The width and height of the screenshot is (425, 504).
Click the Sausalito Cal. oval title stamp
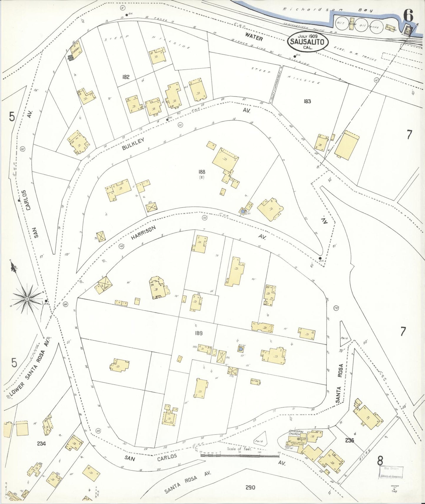click(307, 42)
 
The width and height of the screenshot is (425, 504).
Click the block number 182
click(126, 77)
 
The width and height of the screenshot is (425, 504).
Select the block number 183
click(307, 101)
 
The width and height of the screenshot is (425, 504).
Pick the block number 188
click(202, 172)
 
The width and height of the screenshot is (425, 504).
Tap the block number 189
click(199, 333)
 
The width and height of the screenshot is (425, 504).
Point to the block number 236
click(350, 440)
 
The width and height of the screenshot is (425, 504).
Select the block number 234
click(41, 444)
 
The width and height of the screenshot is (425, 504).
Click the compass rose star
click(27, 299)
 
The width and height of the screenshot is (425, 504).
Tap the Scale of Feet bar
click(239, 455)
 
